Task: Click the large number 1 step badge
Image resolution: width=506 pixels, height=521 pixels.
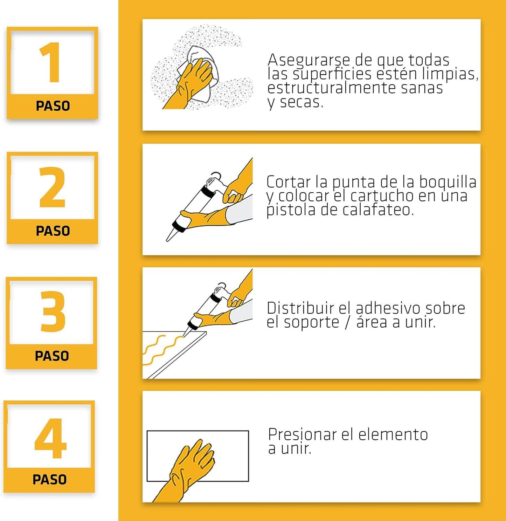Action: point(53,73)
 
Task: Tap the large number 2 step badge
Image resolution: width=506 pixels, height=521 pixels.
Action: point(53,198)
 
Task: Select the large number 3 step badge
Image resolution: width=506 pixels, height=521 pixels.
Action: point(51,323)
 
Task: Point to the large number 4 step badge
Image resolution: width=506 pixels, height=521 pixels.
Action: point(49,447)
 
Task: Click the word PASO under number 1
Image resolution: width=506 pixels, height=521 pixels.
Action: point(53,106)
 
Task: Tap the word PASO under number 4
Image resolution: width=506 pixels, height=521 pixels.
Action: point(50,480)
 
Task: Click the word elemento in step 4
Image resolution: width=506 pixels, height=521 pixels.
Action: point(393,434)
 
